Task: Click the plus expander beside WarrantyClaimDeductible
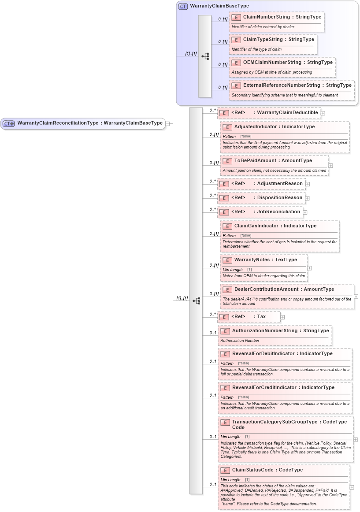tap(323, 113)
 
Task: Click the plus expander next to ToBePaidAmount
tap(331, 166)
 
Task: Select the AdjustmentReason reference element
tap(280, 183)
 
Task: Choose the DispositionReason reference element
tap(280, 197)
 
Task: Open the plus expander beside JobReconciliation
tap(305, 212)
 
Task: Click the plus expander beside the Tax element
tap(282, 317)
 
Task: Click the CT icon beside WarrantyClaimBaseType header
tap(183, 6)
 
